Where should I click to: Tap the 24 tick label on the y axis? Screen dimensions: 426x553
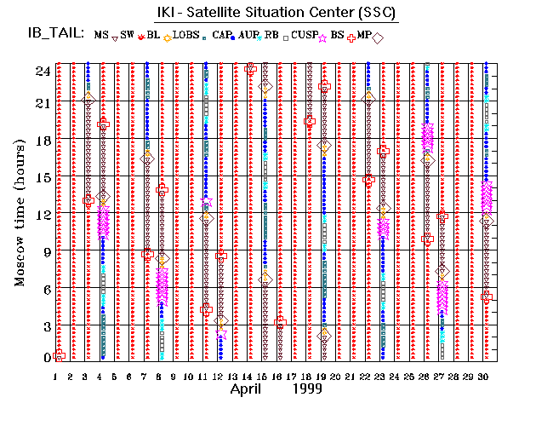point(41,72)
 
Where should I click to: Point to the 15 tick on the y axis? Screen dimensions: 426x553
point(41,177)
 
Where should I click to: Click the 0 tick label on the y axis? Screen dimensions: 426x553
point(44,357)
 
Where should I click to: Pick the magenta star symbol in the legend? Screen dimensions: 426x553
point(322,37)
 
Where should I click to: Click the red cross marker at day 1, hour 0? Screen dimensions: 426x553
point(59,355)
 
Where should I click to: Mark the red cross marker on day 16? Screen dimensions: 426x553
point(280,322)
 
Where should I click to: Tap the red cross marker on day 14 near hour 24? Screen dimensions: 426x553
point(250,68)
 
